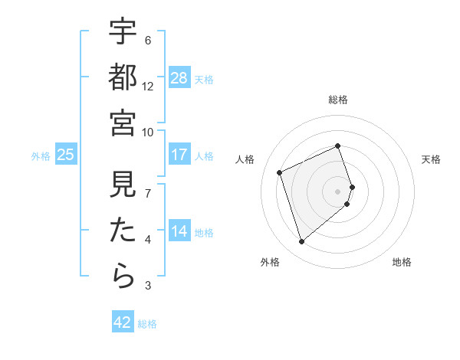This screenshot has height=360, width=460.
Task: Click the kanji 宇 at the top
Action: (x=123, y=31)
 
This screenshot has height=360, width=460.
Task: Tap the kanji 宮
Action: (x=123, y=122)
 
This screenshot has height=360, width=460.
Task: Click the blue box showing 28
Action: (x=179, y=78)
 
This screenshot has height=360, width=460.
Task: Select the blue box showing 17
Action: (x=179, y=155)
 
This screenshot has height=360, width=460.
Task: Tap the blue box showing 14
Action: (x=179, y=231)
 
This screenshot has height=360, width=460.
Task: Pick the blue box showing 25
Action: (x=66, y=155)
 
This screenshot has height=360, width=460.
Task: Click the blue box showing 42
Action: (x=123, y=322)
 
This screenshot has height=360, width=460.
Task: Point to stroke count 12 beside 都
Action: (x=148, y=87)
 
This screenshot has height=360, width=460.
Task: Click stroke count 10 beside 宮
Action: (x=148, y=132)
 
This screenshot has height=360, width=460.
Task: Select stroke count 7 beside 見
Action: (x=148, y=193)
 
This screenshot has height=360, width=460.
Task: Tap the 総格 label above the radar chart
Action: (x=338, y=100)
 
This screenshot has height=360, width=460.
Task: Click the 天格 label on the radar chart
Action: (x=431, y=159)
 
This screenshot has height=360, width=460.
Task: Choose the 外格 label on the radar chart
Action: (x=270, y=263)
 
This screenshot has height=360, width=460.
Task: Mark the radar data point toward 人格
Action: (x=280, y=172)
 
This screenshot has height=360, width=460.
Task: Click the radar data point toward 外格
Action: (x=301, y=242)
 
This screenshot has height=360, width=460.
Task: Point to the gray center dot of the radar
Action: (x=338, y=191)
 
